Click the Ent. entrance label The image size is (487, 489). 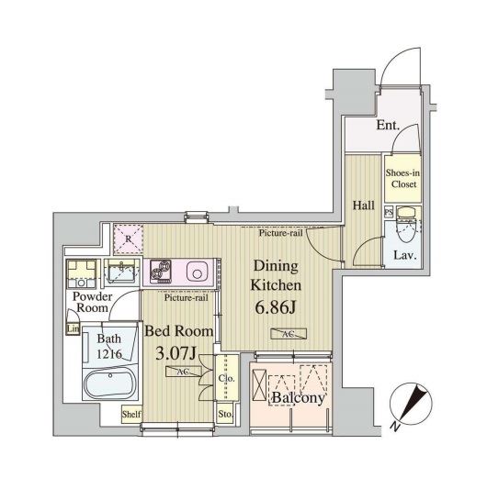coord(388,126)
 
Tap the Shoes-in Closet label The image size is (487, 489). coord(402,178)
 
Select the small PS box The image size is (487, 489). coord(389,212)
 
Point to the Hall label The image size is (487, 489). coord(364,206)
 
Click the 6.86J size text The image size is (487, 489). coord(276,308)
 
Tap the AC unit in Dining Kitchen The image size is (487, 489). coord(289,334)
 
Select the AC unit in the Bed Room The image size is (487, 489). coord(184,372)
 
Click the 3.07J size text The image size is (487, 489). coord(176,353)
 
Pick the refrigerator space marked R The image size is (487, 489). coord(128,239)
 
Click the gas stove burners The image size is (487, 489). coord(161,272)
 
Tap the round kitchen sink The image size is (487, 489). coord(198,272)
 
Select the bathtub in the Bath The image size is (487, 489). coord(110,383)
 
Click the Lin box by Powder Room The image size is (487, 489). coord(73,329)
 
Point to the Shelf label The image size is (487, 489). coord(131,414)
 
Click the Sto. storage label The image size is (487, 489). coord(225,414)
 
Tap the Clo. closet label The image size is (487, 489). coord(226,378)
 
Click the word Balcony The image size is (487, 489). coord(299,398)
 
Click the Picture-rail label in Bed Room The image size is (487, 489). coord(187,298)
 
